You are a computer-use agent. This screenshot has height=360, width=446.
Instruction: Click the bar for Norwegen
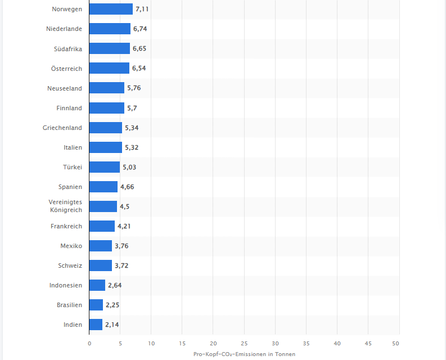[x=111, y=9]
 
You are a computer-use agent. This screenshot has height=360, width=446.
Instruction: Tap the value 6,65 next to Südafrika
[x=139, y=49]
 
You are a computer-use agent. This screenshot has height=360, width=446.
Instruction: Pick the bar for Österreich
[x=109, y=68]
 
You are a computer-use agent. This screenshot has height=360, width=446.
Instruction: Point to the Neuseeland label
[x=65, y=88]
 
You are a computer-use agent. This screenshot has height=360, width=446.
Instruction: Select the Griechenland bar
[x=106, y=128]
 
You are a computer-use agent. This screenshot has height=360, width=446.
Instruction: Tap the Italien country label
[x=73, y=147]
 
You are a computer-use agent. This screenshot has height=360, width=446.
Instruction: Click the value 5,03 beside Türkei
[x=129, y=167]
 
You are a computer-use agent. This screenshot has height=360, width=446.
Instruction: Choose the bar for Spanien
[x=103, y=187]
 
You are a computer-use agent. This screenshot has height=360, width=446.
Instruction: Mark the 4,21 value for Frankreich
[x=124, y=226]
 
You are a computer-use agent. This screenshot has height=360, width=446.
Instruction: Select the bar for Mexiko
[x=101, y=246]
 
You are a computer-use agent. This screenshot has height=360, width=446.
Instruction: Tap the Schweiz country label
[x=70, y=265]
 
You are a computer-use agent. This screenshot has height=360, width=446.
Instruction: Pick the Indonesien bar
[x=97, y=285]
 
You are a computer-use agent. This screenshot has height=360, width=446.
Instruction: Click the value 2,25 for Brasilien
[x=112, y=305]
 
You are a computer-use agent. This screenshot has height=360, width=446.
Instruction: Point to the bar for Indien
[x=96, y=325]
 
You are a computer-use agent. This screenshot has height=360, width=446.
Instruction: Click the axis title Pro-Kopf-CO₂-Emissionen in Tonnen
[x=244, y=354]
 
